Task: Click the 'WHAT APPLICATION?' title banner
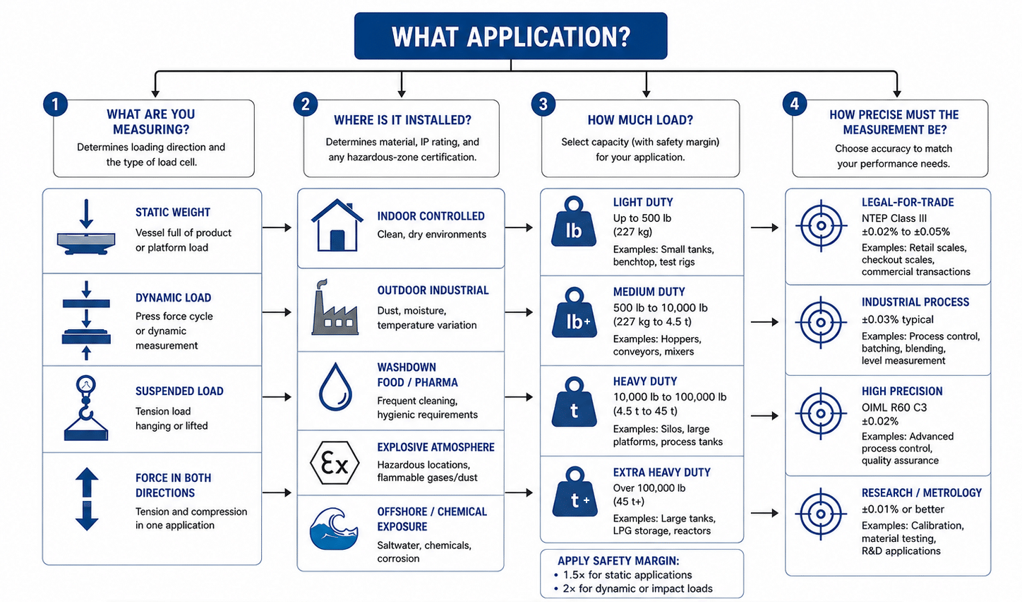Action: point(510,35)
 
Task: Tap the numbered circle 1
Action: point(55,105)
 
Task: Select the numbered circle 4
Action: point(794,104)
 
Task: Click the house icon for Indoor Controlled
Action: point(337,225)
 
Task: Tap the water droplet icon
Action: point(335,387)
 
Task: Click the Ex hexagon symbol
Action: point(335,463)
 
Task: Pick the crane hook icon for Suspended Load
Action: point(86,408)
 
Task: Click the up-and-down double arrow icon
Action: point(87,499)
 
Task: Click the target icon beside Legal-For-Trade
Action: point(821,225)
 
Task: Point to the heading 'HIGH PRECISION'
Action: point(902,391)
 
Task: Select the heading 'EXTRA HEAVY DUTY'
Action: point(661,472)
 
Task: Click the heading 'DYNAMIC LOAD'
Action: point(174,297)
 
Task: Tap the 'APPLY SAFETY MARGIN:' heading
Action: point(618,561)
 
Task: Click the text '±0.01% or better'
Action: point(903,509)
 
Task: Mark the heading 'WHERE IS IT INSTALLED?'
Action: point(402,120)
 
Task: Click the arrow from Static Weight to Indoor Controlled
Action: point(277,228)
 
